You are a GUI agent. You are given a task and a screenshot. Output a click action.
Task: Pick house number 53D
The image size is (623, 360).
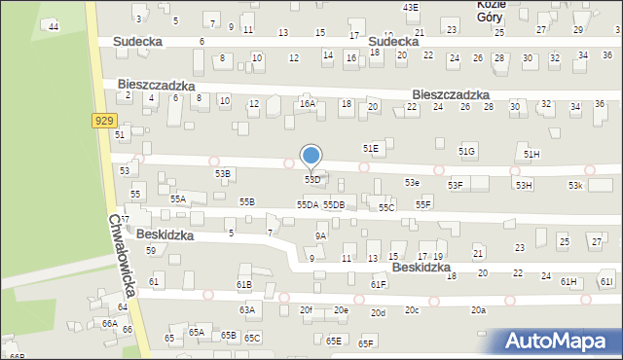tap(312, 180)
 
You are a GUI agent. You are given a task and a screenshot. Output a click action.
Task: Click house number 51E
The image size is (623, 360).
tap(371, 148)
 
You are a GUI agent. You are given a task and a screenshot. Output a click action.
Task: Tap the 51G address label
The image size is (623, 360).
tap(467, 151)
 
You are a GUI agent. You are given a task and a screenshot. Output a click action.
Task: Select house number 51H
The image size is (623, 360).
tap(531, 155)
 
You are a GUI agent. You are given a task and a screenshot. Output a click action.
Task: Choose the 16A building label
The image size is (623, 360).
tap(308, 103)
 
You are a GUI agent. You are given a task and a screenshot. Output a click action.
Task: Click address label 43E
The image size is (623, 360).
tap(411, 7)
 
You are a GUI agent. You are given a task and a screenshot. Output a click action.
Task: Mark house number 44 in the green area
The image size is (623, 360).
tap(54, 26)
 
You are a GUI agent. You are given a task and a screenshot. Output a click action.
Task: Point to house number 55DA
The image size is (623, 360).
tap(308, 204)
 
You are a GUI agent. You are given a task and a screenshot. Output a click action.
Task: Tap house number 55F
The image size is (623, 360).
tap(423, 204)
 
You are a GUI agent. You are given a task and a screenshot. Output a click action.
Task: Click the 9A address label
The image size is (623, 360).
tap(320, 235)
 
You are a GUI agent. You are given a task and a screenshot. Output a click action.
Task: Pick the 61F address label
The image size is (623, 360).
tap(379, 284)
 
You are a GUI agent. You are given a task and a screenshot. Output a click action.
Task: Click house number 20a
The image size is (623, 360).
tap(478, 310)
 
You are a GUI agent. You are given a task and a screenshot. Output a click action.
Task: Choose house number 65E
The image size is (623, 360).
tap(334, 341)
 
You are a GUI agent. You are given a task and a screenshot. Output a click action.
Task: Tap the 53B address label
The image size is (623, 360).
tap(223, 174)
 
